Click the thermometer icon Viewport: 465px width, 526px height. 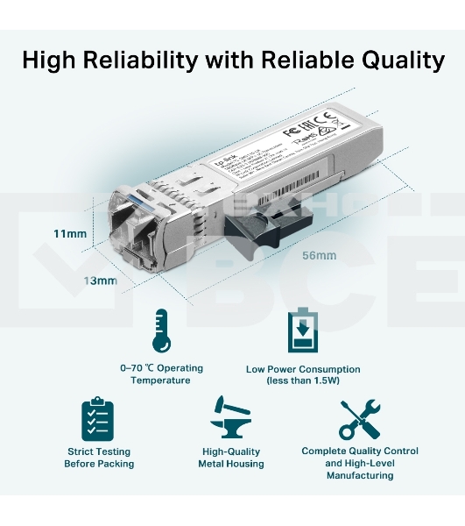(160, 330)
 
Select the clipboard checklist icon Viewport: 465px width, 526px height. (98, 418)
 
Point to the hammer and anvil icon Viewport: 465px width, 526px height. (230, 418)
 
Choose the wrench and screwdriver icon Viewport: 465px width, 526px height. (359, 418)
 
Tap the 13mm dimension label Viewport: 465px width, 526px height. (101, 281)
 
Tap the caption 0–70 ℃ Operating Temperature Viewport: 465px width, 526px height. (160, 374)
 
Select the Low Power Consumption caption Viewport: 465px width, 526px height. (303, 369)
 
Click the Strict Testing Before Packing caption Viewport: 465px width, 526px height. (99, 458)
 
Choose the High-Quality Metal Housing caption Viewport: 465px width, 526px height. (231, 458)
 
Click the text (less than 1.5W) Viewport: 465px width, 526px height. (303, 380)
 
